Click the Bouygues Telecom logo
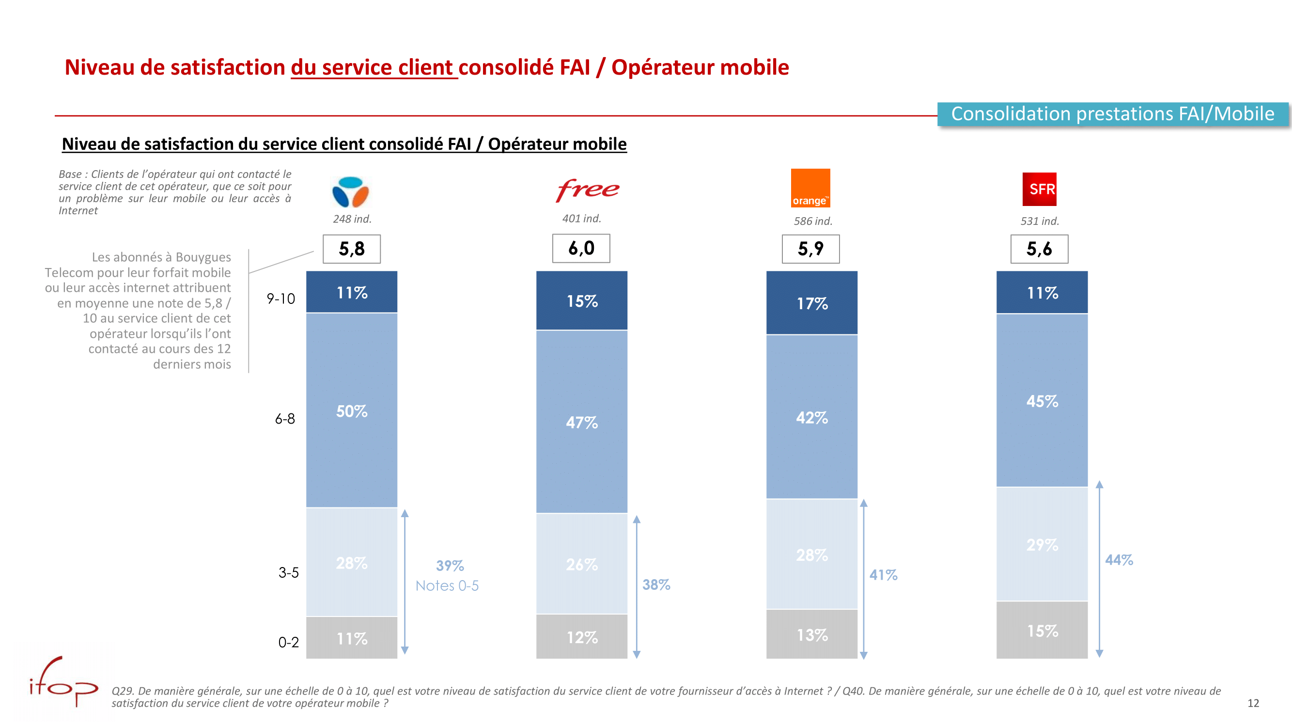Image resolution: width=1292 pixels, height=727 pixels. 351,191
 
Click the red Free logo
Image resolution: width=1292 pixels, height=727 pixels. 587,190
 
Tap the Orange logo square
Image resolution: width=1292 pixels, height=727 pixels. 810,188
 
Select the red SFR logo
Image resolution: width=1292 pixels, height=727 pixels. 1039,189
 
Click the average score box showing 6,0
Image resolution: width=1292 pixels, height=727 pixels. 581,248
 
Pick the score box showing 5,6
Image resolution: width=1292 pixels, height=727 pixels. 1039,249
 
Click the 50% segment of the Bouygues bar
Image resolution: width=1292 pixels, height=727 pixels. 352,411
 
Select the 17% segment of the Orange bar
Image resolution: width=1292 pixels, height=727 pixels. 811,303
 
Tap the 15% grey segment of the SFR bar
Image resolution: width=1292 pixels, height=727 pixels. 1042,630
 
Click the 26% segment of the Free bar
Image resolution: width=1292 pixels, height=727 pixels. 581,564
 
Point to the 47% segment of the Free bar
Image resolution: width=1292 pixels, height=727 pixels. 581,422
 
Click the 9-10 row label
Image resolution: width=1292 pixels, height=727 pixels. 281,299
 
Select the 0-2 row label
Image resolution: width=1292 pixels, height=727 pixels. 288,642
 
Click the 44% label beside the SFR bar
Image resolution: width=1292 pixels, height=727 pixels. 1119,559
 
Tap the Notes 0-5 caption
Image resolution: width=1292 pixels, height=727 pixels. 447,585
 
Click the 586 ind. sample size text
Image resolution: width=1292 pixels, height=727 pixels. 812,221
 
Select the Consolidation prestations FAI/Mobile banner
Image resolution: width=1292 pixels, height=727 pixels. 1112,114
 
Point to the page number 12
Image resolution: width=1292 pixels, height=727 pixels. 1253,703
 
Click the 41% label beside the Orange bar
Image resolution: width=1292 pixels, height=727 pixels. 883,574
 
